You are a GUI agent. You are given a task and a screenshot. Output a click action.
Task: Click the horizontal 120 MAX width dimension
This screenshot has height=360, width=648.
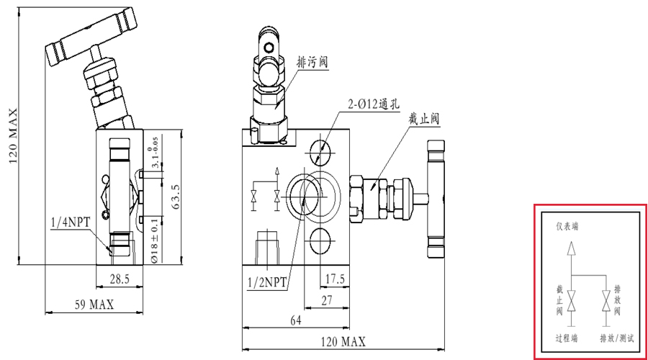pyautogui.click(x=340, y=341)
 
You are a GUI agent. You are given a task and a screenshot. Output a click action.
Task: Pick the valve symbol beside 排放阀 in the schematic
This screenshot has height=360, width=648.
pyautogui.click(x=606, y=300)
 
